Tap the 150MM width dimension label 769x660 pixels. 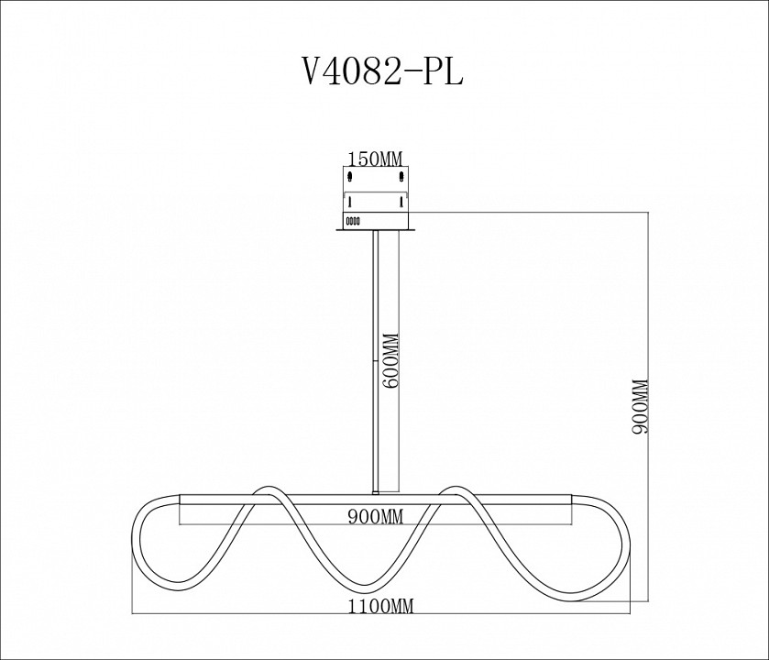pos(376,159)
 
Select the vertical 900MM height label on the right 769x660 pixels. pos(641,407)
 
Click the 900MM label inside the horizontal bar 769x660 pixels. pos(376,516)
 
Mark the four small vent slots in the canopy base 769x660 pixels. pos(352,220)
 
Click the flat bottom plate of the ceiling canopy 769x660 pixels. pos(376,229)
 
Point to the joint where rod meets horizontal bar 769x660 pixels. pos(376,493)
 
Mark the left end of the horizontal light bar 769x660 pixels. pos(183,508)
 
